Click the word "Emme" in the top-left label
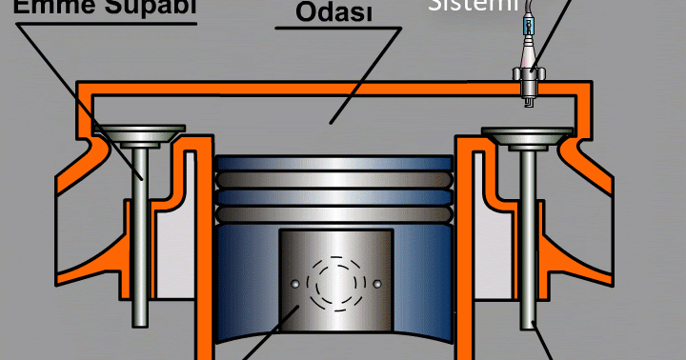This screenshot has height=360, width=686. pyautogui.click(x=42, y=8)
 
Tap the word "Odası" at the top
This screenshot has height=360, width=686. pyautogui.click(x=333, y=11)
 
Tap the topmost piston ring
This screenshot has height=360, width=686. pyautogui.click(x=333, y=165)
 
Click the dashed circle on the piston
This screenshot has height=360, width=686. pyautogui.click(x=334, y=283)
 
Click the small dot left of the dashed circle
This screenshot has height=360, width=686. pyautogui.click(x=293, y=283)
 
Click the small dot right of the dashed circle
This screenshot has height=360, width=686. pyautogui.click(x=377, y=284)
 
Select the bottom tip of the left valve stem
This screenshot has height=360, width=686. pyautogui.click(x=142, y=320)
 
